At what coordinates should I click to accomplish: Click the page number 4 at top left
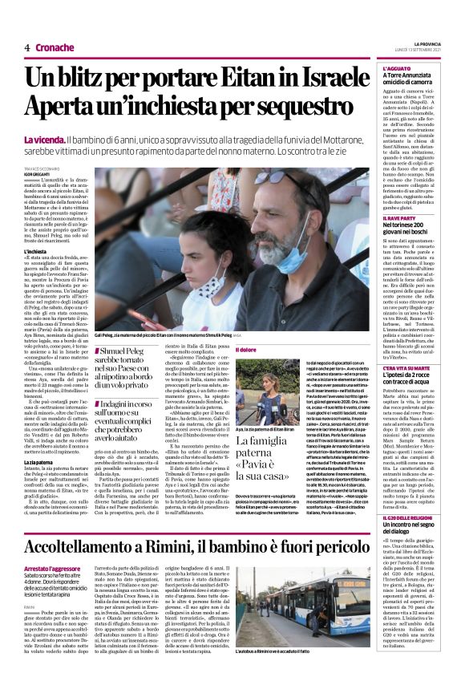(26, 47)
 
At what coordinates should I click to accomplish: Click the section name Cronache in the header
(54, 47)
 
